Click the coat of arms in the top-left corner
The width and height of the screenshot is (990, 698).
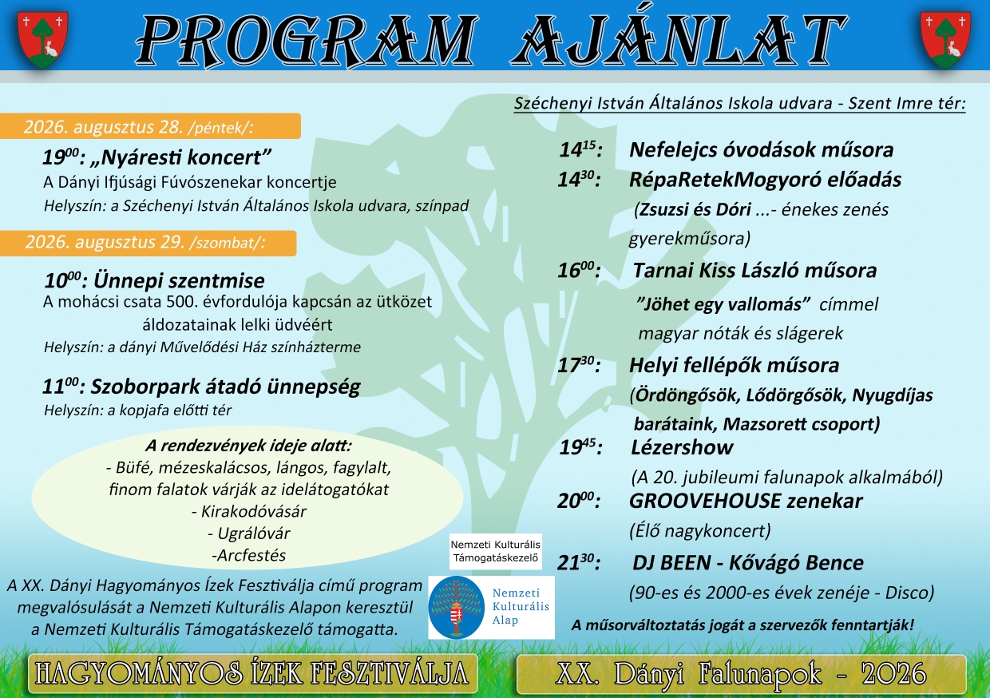click(42, 40)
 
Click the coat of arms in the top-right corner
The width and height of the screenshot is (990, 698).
click(945, 40)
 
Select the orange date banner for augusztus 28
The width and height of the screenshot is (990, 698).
click(150, 126)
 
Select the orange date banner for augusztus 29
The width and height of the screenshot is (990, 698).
click(148, 243)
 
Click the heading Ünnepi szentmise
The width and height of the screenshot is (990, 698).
click(179, 280)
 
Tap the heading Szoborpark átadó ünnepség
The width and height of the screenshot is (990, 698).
click(225, 387)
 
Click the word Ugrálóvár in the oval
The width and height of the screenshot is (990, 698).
click(254, 533)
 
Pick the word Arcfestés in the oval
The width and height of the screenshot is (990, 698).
click(251, 555)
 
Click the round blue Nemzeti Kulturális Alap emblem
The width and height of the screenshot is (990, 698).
click(457, 608)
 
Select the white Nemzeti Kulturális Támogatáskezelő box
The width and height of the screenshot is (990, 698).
click(496, 551)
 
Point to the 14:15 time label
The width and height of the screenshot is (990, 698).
click(580, 150)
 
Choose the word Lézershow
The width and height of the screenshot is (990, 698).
click(682, 447)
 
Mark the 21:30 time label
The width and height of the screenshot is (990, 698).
click(579, 563)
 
